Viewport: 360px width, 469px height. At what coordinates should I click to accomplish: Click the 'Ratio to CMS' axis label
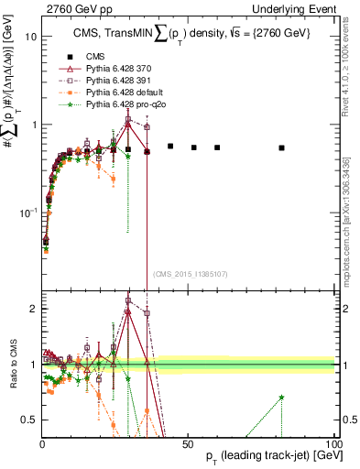pos(13,365)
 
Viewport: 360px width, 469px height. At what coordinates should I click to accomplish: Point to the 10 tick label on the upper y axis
pos(30,38)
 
